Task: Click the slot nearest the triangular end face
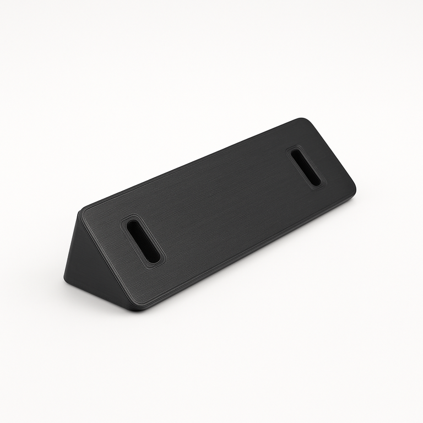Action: click(x=143, y=241)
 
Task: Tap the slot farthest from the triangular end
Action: click(x=306, y=167)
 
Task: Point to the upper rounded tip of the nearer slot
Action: click(x=133, y=224)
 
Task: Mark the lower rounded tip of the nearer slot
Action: click(x=155, y=258)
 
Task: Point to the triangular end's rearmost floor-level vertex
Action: click(x=66, y=278)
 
